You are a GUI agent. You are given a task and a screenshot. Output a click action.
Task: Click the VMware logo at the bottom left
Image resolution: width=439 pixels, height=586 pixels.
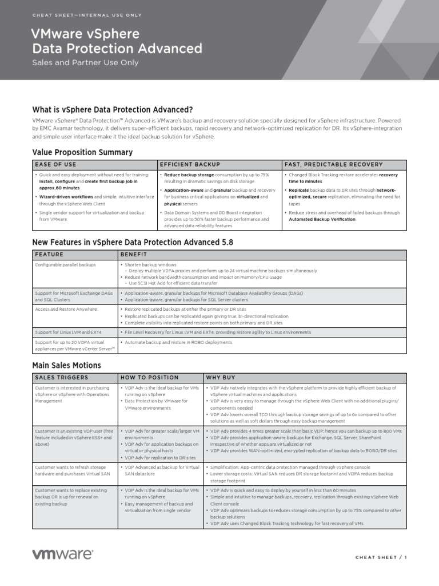pos(62,554)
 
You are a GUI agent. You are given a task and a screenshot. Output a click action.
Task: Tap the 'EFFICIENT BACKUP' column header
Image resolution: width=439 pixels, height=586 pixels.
pos(190,164)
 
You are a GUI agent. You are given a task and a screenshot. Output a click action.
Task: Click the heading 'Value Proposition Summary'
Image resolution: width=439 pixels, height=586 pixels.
pos(82,152)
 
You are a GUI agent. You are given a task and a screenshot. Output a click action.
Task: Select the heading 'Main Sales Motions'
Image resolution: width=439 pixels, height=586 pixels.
pos(66,365)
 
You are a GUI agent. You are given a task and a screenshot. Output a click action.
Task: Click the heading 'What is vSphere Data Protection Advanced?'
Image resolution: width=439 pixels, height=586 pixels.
pos(113,109)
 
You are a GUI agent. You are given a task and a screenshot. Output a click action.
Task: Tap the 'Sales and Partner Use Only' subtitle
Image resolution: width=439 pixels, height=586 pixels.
pos(85,63)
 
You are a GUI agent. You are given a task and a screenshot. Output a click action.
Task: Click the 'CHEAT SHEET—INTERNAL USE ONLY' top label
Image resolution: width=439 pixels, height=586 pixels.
pos(87,15)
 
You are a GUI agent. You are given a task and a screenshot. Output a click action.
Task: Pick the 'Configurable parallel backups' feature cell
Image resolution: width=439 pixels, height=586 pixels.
pos(65,265)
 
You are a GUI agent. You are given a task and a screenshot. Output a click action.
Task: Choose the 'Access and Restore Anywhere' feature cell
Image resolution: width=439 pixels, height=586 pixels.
pos(66,309)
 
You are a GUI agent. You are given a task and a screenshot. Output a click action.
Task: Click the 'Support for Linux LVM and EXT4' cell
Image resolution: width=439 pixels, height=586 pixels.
pos(68,332)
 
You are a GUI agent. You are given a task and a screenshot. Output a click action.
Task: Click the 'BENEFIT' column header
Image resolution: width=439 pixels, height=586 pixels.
pos(134,254)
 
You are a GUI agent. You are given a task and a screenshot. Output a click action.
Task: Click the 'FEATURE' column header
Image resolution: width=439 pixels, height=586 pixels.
pos(49,254)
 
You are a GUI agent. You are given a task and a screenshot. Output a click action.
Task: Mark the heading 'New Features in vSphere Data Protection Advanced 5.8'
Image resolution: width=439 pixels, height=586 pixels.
pos(133,242)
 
